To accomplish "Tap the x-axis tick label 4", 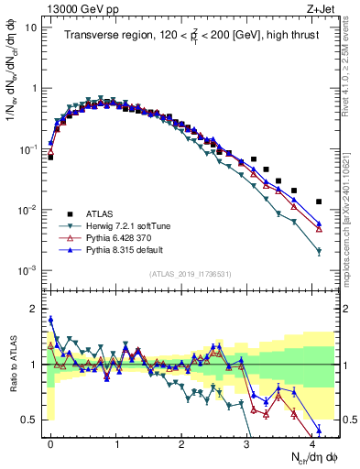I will [x=313, y=442].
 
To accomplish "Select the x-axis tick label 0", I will [x=50, y=442].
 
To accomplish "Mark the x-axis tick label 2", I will [x=182, y=442].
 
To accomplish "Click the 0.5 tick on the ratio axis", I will [x=35, y=420].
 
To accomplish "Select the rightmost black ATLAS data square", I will [x=319, y=202].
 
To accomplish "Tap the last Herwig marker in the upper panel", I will [x=319, y=252].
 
